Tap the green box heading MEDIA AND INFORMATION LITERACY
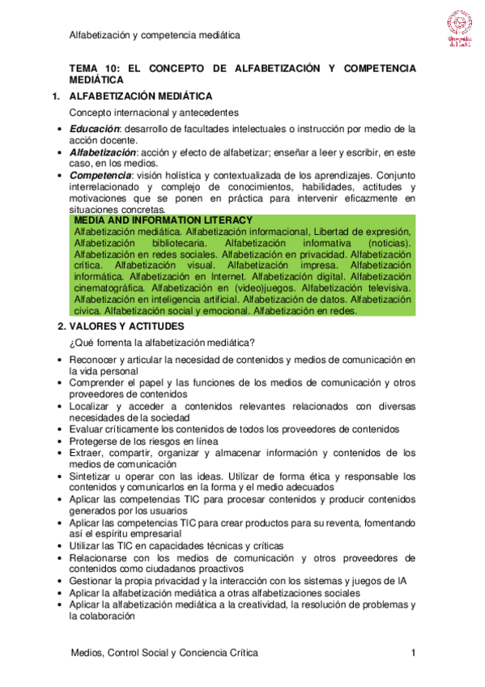click(x=163, y=220)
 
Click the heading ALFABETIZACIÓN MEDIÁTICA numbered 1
click(x=141, y=96)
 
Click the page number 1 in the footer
click(x=413, y=652)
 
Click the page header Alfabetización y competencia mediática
click(x=155, y=36)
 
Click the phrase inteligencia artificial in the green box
click(x=181, y=298)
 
